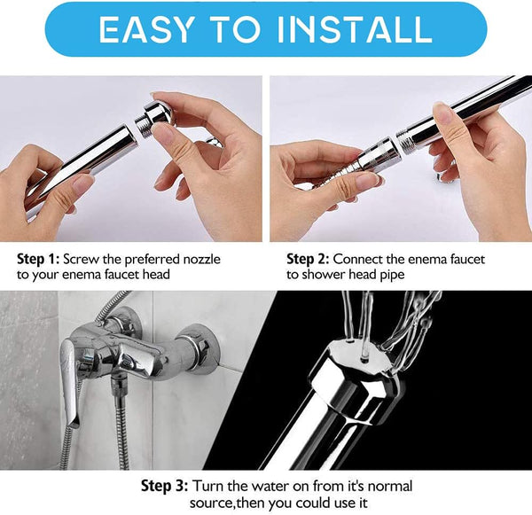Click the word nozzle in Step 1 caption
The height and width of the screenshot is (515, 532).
pyautogui.click(x=197, y=260)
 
